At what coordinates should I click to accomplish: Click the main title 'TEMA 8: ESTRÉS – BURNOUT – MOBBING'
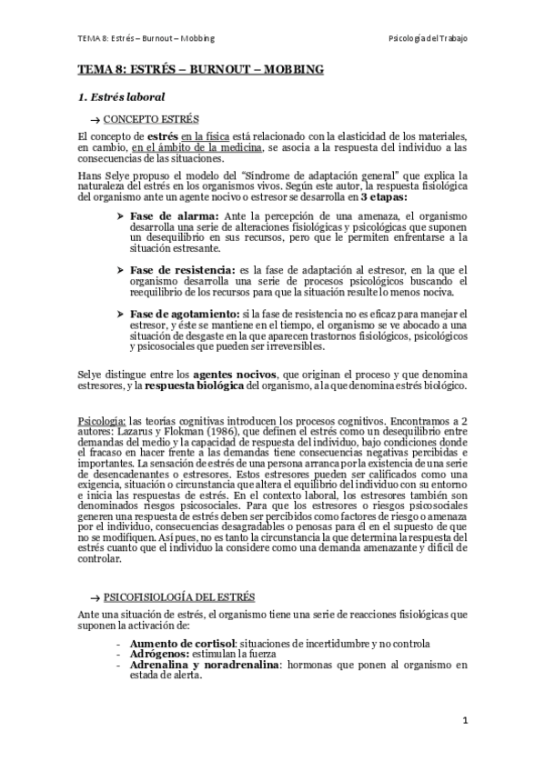coord(199,69)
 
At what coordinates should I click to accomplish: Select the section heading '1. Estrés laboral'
coord(120,95)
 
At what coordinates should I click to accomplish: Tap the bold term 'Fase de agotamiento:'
coord(185,314)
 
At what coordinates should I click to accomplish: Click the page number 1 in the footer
coord(465,720)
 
